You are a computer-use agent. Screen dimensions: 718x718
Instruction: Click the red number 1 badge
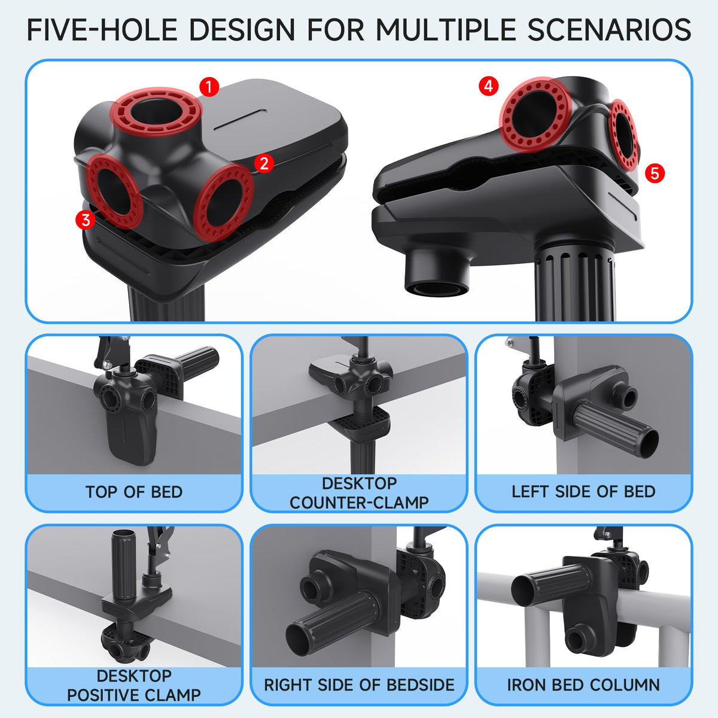(209, 87)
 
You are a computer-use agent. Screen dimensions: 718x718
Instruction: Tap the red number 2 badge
(264, 163)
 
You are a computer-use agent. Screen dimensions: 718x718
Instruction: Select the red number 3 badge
(86, 220)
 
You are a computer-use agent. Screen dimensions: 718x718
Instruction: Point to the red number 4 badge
(488, 86)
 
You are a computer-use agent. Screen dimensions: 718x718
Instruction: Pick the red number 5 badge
(655, 174)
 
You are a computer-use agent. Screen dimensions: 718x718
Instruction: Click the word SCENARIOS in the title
(609, 30)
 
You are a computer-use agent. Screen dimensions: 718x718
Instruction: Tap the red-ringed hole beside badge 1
(156, 109)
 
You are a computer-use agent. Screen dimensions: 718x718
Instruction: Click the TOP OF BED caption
(134, 492)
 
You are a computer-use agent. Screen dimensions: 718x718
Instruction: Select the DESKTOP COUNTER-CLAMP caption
(359, 493)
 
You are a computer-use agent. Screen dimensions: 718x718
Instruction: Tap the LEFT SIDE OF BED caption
(583, 491)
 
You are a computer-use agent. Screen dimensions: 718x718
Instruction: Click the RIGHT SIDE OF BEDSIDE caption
(359, 685)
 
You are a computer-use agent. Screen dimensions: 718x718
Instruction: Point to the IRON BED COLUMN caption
(583, 685)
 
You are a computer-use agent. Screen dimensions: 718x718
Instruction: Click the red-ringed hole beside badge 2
(224, 201)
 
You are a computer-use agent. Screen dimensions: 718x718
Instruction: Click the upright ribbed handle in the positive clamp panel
(123, 562)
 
